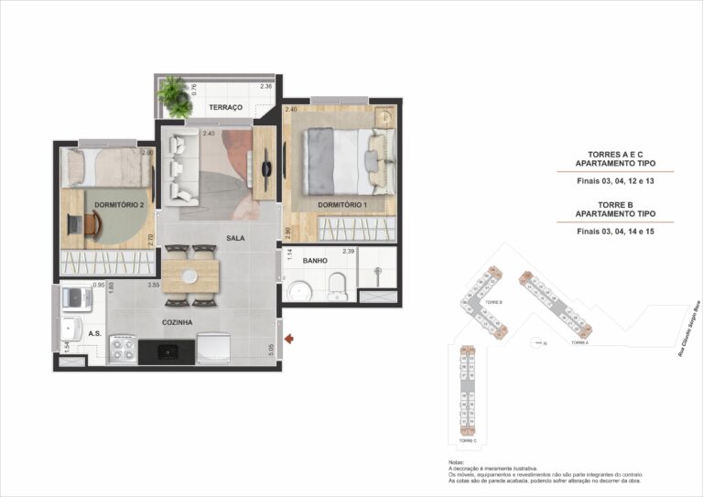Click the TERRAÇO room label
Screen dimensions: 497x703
coord(225,108)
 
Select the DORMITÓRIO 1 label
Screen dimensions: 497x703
coord(342,204)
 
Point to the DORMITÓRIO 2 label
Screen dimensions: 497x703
coord(118,204)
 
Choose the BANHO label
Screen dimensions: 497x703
coord(316,261)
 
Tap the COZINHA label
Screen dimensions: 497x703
coord(177,322)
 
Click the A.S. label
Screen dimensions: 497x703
coord(95,333)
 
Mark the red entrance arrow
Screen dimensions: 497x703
coord(289,340)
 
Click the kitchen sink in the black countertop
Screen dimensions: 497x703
coord(167,351)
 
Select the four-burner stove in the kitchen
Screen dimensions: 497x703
coord(122,348)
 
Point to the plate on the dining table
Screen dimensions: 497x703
coord(190,274)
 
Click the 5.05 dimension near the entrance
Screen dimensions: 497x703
coord(271,349)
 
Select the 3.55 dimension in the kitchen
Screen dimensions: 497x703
coord(154,285)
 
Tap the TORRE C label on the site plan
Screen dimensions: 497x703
coord(468,440)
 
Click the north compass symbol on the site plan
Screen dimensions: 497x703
coord(536,343)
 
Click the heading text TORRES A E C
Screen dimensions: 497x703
coord(616,155)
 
